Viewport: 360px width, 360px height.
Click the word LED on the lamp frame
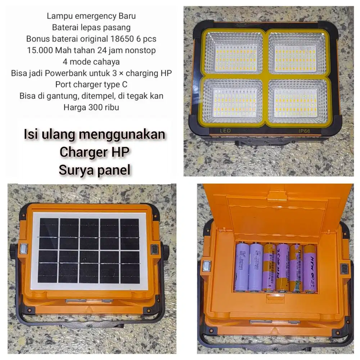coord(225,131)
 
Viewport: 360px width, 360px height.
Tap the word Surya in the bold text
coord(76,170)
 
